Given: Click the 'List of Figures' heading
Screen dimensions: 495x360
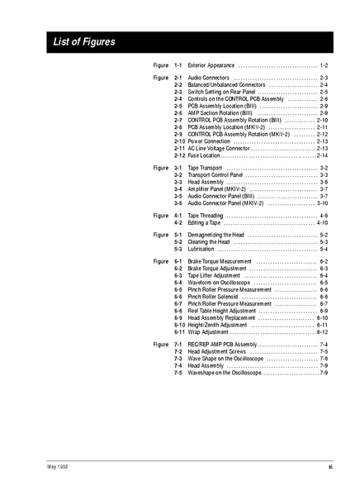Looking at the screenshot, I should pos(84,41).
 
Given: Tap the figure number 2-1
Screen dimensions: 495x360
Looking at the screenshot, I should pos(178,77).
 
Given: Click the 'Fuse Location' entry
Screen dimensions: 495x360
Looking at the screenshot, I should pos(204,155).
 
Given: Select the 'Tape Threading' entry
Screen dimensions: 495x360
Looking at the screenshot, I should pos(206,216).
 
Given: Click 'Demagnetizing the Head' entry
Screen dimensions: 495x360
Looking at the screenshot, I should pos(216,235).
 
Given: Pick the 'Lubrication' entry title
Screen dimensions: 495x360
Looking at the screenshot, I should pos(201,249).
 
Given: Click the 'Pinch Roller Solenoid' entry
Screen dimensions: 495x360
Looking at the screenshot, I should pos(214,297).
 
